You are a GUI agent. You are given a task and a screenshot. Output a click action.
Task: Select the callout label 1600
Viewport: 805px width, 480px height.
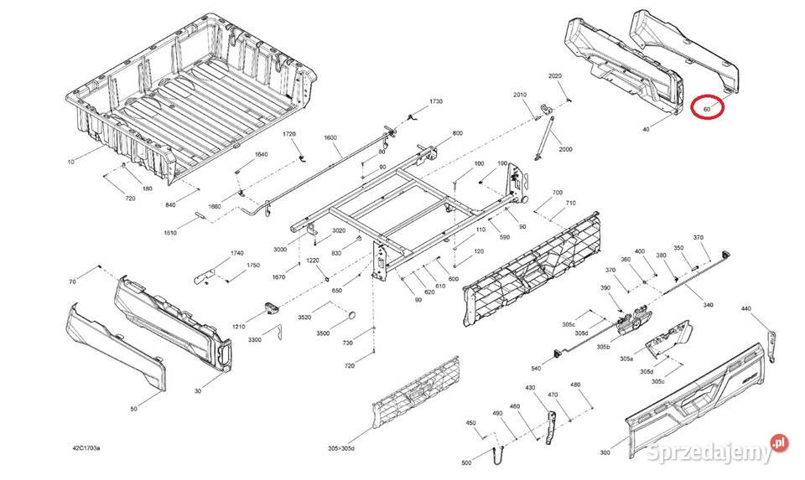click(x=330, y=138)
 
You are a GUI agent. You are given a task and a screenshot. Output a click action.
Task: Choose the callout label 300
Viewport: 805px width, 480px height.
click(x=606, y=452)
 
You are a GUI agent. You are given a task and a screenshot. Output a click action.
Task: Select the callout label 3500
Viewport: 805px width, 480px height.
click(x=322, y=333)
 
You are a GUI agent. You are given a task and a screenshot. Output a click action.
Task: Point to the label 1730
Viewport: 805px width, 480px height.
click(x=435, y=101)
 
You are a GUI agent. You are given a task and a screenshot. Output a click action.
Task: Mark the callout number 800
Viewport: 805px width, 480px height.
click(x=457, y=134)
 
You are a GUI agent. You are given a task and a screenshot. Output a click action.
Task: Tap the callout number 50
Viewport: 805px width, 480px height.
click(x=133, y=408)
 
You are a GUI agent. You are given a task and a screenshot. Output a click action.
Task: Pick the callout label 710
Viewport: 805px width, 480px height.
click(x=571, y=204)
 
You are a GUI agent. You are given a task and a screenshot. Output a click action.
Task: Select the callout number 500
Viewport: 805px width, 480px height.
click(x=466, y=462)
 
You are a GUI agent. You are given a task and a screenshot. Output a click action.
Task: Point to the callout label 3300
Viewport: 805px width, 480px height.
click(x=255, y=340)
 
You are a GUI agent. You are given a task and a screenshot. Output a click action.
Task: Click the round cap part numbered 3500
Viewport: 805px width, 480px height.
click(x=352, y=316)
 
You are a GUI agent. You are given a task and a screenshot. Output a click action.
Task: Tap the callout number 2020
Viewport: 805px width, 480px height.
click(x=555, y=76)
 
